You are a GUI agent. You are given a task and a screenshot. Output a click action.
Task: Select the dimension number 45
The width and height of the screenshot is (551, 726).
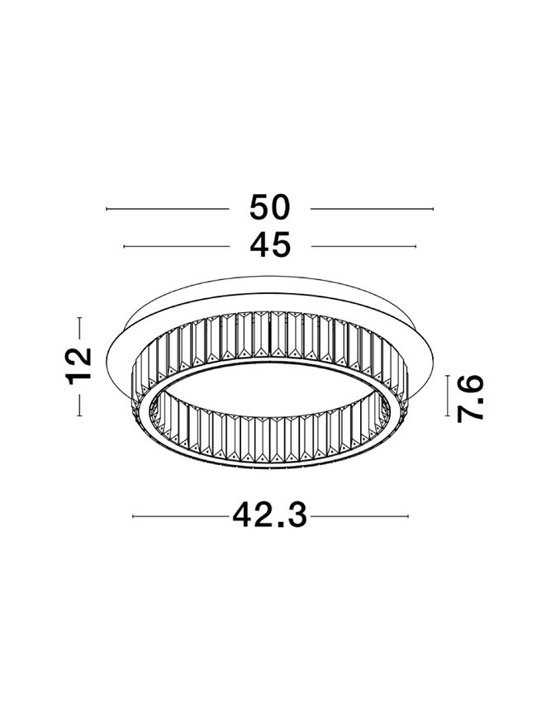click(x=270, y=245)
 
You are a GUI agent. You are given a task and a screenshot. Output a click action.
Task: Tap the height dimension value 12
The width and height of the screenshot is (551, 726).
click(x=80, y=367)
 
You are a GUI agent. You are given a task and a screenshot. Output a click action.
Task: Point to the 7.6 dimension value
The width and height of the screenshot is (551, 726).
click(x=470, y=398)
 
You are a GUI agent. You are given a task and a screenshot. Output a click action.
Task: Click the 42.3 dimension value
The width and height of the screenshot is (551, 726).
click(x=270, y=516)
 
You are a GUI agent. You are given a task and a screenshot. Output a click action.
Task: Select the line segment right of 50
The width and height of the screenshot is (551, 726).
click(x=373, y=209)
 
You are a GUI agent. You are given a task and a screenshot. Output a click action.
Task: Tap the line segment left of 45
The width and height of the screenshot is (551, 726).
click(x=175, y=246)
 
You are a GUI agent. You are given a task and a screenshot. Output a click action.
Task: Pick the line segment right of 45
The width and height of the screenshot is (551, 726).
click(x=364, y=246)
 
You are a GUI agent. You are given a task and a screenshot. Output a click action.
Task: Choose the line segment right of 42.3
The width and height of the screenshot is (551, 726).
click(x=359, y=517)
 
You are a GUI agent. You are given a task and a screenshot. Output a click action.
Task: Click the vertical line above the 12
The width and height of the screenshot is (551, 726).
click(x=80, y=328)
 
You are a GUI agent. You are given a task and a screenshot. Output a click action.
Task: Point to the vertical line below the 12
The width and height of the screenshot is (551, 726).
click(x=80, y=405)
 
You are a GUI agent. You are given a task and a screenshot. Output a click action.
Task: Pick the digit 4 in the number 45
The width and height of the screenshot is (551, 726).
click(x=259, y=245)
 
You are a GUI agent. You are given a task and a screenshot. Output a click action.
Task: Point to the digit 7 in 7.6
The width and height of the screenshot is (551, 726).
click(x=470, y=410)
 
